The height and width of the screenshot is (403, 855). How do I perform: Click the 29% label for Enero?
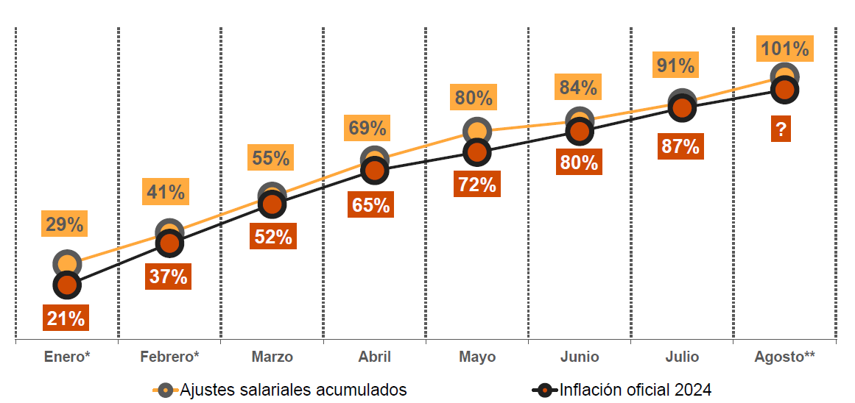point(64,224)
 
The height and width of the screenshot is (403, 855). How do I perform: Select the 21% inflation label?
point(66,318)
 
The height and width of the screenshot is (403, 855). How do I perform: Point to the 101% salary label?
point(784,49)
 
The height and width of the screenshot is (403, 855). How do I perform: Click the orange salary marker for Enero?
point(67,264)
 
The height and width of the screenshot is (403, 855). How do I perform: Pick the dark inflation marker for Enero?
point(67,285)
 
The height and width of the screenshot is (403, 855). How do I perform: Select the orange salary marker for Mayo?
point(477,132)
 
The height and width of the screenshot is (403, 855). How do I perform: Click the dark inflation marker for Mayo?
point(477,153)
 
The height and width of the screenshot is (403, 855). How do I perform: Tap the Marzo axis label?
point(272,357)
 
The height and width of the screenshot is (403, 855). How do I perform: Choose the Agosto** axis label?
point(784,357)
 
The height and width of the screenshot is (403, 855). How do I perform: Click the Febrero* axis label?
point(169,357)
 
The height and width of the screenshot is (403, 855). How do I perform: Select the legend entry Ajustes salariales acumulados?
point(283,390)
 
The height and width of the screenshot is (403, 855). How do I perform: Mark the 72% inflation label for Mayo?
point(476,185)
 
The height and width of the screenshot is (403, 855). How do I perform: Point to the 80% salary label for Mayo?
point(474,98)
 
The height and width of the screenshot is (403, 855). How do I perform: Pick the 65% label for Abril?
point(371,204)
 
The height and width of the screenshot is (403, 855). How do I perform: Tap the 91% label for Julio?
point(676,66)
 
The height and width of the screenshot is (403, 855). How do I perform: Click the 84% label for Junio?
point(577,88)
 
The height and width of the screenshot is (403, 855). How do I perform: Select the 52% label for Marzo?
point(272,237)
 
